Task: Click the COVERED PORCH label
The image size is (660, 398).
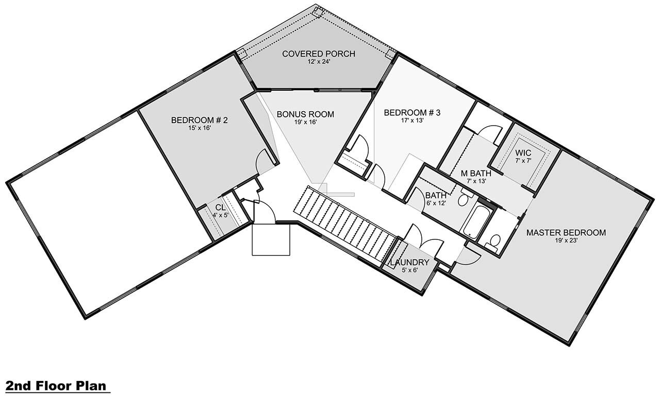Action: [x=319, y=54]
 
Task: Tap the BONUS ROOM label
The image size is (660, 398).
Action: [x=305, y=114]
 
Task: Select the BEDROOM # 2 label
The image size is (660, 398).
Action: [x=200, y=120]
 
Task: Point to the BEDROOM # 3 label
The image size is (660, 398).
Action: [x=411, y=113]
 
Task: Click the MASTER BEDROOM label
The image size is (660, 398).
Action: [x=566, y=233]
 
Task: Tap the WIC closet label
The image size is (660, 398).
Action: [x=523, y=153]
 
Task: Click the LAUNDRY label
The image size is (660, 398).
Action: [x=409, y=263]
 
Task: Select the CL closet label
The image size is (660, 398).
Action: [x=220, y=207]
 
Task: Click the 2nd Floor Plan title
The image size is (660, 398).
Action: [x=56, y=386]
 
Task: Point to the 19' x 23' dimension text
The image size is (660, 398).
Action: [x=566, y=240]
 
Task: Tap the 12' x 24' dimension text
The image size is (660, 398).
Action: [x=318, y=62]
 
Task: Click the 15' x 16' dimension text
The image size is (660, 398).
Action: [x=199, y=128]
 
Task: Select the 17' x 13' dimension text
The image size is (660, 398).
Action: [x=411, y=120]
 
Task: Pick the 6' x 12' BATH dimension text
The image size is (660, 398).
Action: [x=435, y=202]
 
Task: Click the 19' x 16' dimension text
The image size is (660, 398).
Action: [x=305, y=122]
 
